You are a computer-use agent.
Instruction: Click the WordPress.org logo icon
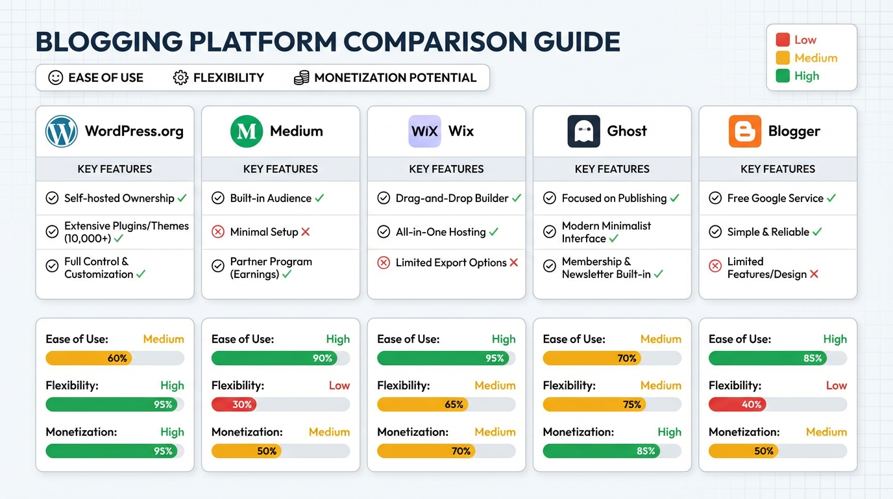click(62, 131)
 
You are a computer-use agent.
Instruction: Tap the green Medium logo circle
click(247, 131)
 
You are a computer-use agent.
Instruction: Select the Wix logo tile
click(424, 131)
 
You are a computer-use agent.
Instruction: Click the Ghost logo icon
click(583, 131)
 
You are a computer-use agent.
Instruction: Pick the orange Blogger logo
click(744, 131)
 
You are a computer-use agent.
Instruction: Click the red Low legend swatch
click(783, 40)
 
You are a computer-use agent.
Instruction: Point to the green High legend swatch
click(783, 76)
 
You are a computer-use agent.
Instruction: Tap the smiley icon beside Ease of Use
click(56, 78)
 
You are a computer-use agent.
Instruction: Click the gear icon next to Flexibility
click(180, 78)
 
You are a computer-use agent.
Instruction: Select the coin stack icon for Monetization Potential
click(301, 78)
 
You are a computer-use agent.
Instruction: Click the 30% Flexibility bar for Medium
click(234, 404)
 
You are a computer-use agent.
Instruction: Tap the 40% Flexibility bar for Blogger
click(737, 404)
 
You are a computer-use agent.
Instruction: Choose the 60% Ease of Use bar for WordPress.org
click(88, 358)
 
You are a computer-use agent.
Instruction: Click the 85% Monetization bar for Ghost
click(602, 451)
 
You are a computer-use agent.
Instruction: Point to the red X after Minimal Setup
click(306, 232)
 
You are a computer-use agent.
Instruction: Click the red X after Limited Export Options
click(514, 262)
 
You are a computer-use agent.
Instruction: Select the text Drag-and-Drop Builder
click(452, 198)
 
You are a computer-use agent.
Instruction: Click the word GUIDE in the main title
click(577, 42)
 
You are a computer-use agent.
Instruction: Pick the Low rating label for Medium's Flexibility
click(339, 385)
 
